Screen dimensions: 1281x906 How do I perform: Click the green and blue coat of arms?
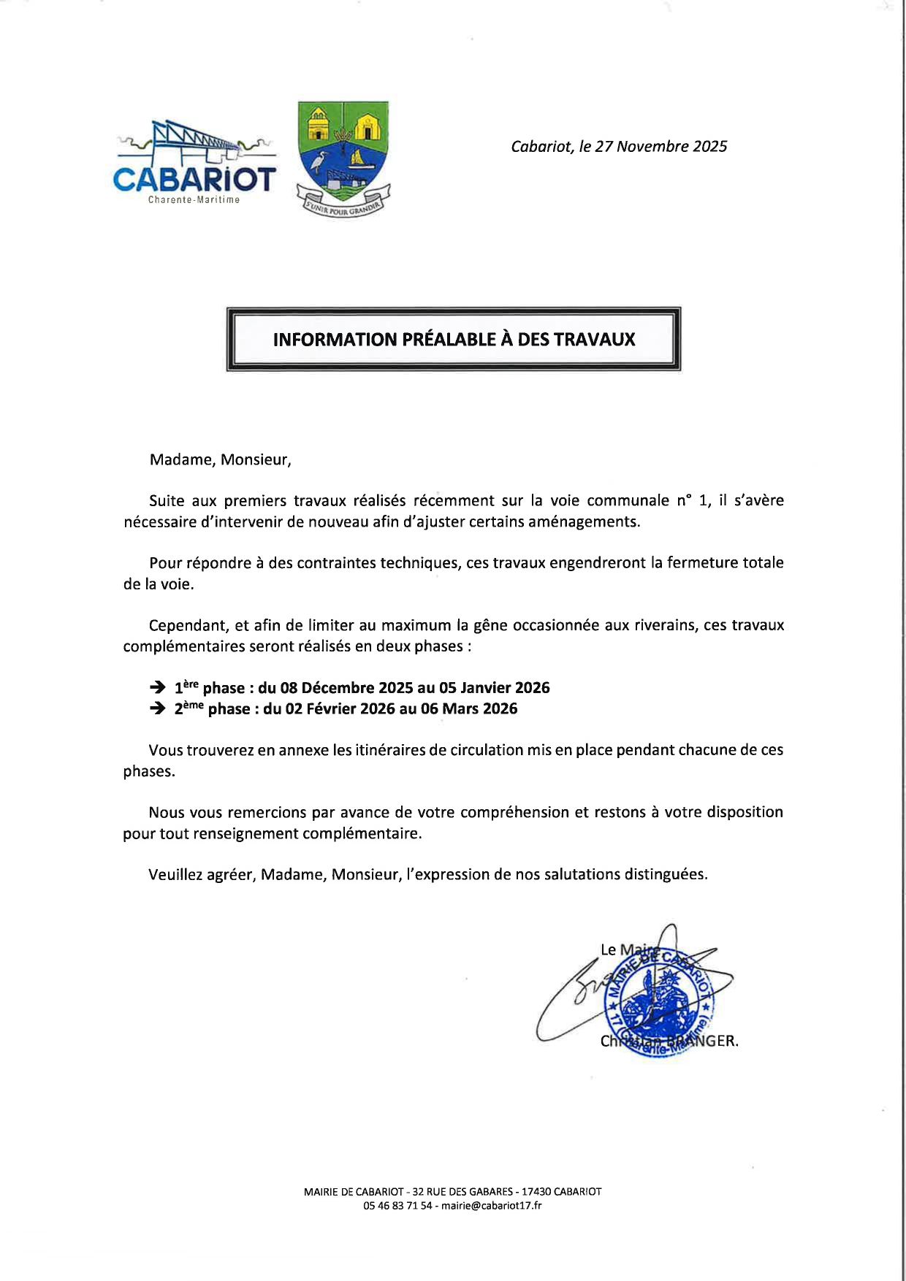pyautogui.click(x=343, y=157)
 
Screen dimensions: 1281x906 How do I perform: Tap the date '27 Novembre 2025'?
pyautogui.click(x=661, y=146)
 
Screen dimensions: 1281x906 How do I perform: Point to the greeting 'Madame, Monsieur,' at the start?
pyautogui.click(x=220, y=459)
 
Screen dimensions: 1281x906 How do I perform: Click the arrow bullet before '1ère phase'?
pyautogui.click(x=156, y=687)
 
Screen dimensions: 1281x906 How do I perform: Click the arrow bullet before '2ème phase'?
pyautogui.click(x=156, y=708)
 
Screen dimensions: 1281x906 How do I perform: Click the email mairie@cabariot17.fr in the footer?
pyautogui.click(x=492, y=1206)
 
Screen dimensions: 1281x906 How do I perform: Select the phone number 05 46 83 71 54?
pyautogui.click(x=397, y=1206)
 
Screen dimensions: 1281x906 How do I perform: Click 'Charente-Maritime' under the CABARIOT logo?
pyautogui.click(x=194, y=200)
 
